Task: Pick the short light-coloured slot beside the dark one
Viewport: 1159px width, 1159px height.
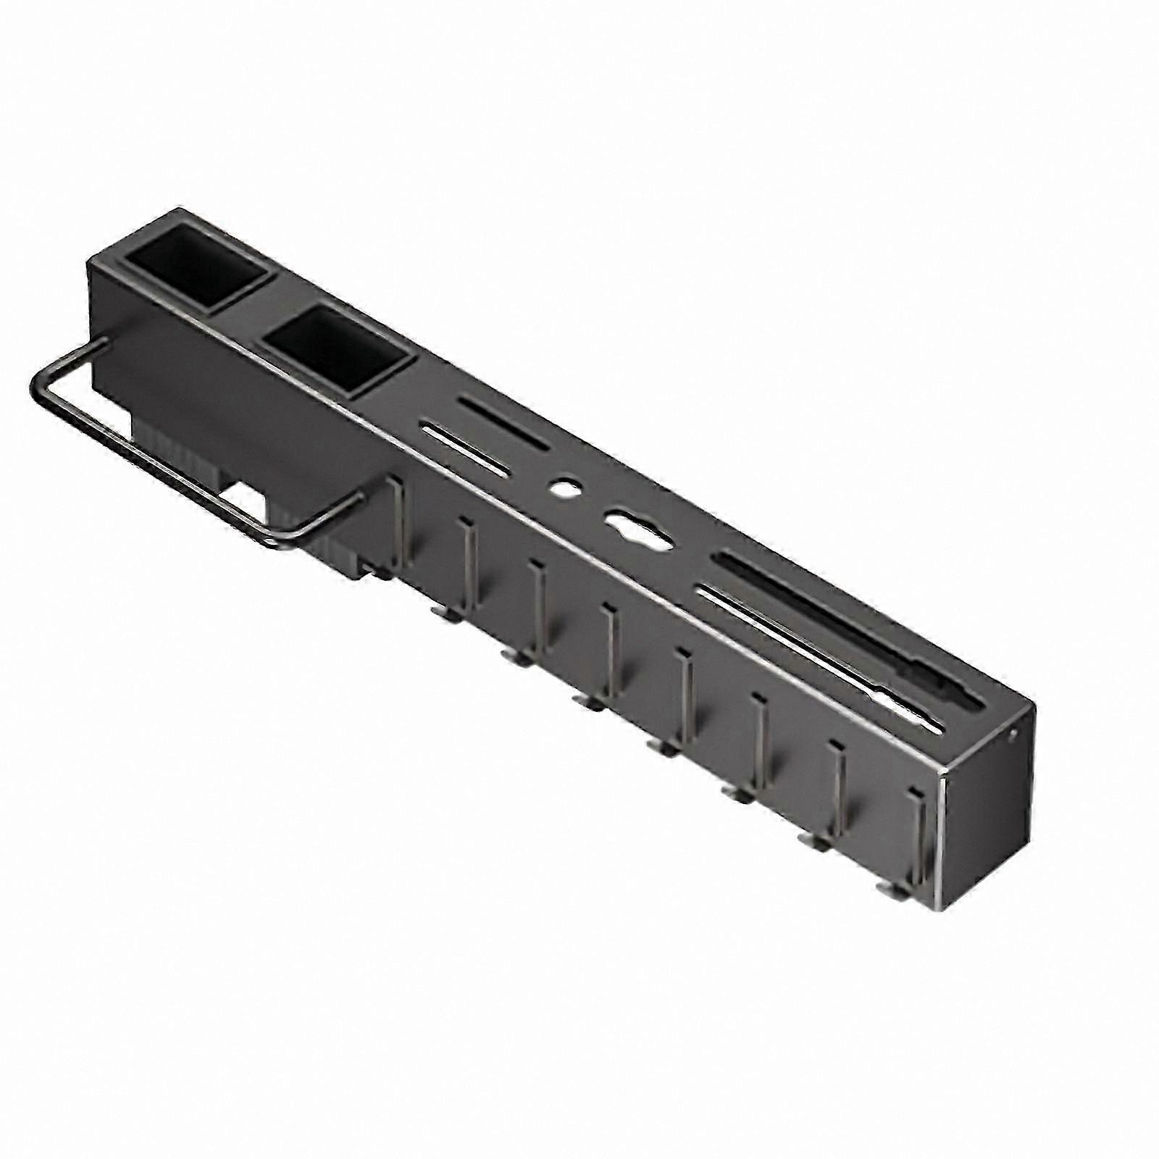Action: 464,451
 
